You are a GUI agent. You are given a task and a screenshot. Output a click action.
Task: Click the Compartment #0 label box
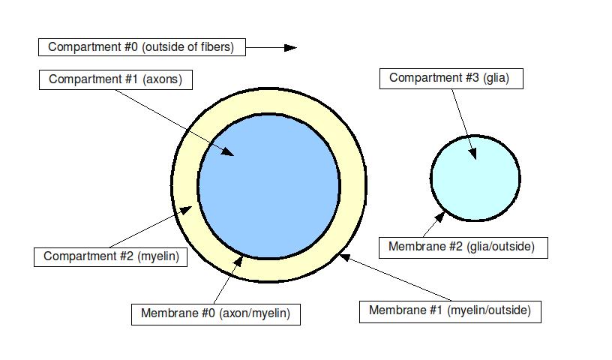(x=141, y=47)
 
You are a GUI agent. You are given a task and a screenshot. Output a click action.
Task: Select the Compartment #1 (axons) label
(x=115, y=79)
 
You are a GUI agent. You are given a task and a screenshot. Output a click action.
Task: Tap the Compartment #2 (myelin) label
(x=109, y=256)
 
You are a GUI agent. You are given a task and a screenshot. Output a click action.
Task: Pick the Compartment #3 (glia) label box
(x=448, y=77)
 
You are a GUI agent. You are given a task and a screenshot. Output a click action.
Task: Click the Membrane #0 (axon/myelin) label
(x=215, y=314)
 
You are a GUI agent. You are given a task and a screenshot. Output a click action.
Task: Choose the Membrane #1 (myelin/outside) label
(x=449, y=310)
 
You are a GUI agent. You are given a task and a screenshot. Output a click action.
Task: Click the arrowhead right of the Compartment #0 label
(x=290, y=47)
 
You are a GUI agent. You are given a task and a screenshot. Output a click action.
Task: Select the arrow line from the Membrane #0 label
(x=226, y=281)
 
